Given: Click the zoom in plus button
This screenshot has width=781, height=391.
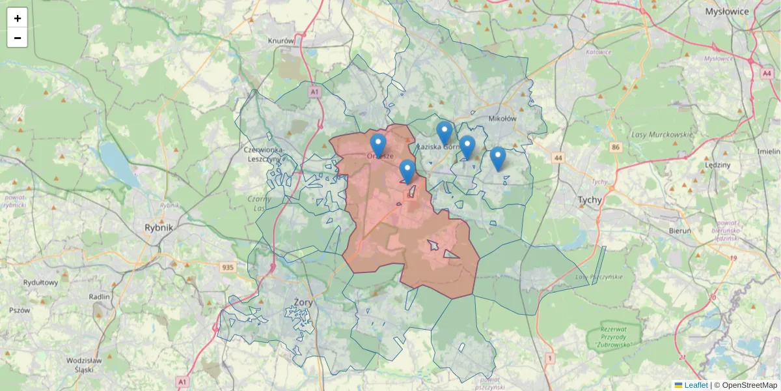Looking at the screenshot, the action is [x=18, y=18].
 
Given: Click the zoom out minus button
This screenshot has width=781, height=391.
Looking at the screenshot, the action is [x=18, y=38].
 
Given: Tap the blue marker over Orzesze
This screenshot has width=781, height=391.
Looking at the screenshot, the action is [x=378, y=145].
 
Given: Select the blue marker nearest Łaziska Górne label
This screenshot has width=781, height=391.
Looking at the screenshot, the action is [x=445, y=133].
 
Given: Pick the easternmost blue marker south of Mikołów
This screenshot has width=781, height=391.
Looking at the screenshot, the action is [x=498, y=158].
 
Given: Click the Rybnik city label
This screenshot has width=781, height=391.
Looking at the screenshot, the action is [x=159, y=228].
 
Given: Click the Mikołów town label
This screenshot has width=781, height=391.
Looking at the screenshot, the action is [x=502, y=119].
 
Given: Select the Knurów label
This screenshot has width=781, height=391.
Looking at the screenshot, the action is [x=281, y=40].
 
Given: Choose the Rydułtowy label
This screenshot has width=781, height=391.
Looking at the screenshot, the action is [x=40, y=283].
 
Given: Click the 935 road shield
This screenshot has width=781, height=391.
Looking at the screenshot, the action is [x=228, y=267].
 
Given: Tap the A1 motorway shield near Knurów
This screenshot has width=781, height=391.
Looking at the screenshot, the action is [x=315, y=93].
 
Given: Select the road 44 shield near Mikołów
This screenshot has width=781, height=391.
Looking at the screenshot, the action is [x=558, y=158].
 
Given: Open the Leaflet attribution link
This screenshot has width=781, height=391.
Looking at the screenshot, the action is [x=695, y=385].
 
